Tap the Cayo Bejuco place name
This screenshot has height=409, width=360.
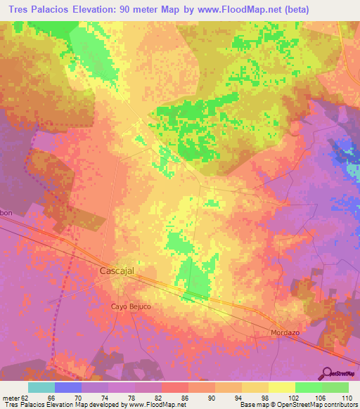click(131, 306)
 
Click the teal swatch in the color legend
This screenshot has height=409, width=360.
click(41, 387)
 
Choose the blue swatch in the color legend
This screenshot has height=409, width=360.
click(68, 387)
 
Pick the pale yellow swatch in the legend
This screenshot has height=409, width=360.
click(281, 387)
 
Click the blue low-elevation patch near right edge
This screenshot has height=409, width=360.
click(345, 156)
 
